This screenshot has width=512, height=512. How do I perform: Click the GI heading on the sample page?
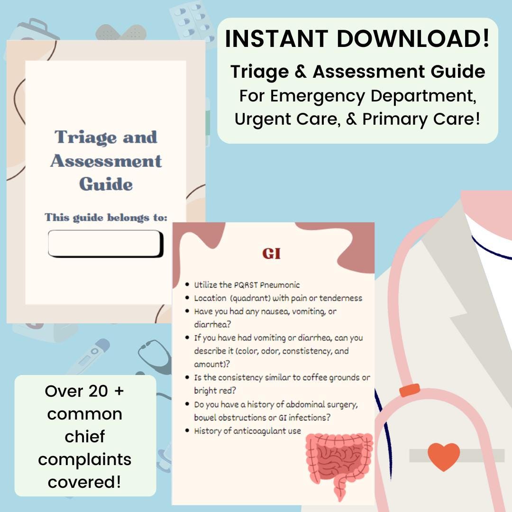point(272,254)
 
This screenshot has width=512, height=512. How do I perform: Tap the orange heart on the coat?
point(444,457)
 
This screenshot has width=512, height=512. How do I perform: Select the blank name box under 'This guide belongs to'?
point(105,244)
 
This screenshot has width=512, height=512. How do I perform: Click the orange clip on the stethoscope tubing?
point(410,390)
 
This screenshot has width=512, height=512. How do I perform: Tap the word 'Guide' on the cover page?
point(106,184)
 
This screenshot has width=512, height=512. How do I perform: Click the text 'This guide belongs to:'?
point(106,218)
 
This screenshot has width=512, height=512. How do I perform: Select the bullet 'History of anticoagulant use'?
point(247,431)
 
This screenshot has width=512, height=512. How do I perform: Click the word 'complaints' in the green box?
point(85,459)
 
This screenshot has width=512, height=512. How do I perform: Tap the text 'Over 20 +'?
point(85,391)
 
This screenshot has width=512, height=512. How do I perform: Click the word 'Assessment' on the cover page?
point(106,161)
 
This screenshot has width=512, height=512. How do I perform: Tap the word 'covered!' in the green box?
point(85,482)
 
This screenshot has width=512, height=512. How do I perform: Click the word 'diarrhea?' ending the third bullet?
point(210,325)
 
